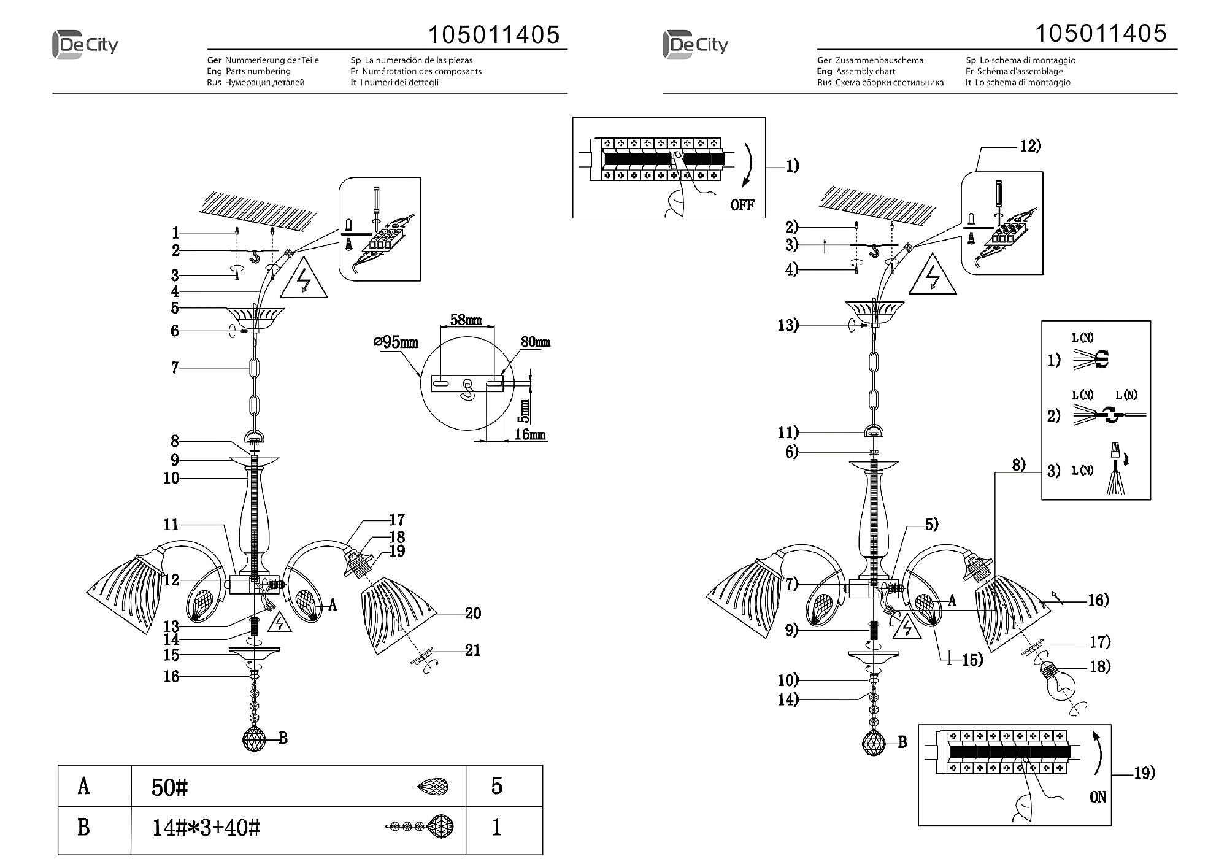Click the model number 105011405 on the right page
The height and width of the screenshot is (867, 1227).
click(x=1101, y=33)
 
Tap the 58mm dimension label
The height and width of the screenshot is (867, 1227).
click(x=466, y=320)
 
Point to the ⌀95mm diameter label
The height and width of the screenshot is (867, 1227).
click(x=395, y=342)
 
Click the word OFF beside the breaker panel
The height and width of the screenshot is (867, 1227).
click(x=742, y=205)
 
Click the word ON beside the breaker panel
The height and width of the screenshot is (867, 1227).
click(x=1098, y=797)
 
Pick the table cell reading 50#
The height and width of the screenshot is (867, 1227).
click(x=169, y=788)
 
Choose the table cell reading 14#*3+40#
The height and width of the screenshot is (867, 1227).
click(x=206, y=829)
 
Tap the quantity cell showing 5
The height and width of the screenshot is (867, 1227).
click(x=497, y=786)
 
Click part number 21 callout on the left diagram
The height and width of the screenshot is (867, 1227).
click(x=472, y=650)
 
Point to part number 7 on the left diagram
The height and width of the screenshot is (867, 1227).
click(x=175, y=368)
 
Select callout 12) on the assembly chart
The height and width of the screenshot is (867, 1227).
click(x=1030, y=146)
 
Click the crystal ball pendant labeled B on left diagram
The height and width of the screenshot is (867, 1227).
click(x=255, y=739)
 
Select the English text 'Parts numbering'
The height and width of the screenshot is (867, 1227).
click(x=258, y=72)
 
